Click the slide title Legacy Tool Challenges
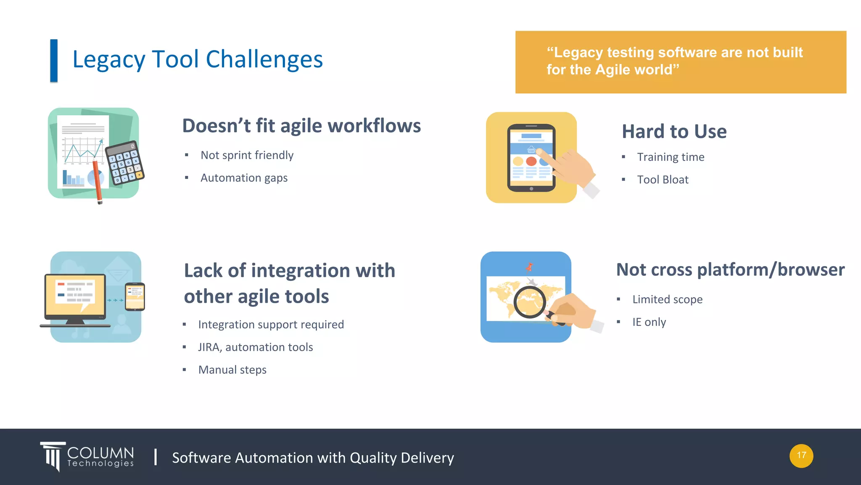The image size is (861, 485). click(198, 59)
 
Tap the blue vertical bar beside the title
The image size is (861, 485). click(54, 61)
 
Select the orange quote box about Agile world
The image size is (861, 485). click(680, 62)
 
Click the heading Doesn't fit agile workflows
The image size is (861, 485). click(301, 126)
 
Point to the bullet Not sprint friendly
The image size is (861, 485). click(247, 155)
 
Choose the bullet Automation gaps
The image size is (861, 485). click(244, 178)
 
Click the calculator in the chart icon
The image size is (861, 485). click(124, 163)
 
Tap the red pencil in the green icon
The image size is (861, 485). click(97, 181)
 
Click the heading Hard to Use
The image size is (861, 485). click(674, 131)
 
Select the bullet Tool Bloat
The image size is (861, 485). click(663, 180)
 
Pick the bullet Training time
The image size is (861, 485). click(670, 157)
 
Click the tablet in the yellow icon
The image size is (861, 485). click(531, 158)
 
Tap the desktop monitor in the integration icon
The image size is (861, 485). click(76, 297)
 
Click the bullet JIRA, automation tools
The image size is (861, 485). click(255, 347)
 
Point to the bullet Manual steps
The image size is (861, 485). click(232, 370)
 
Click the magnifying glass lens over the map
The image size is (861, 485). click(529, 302)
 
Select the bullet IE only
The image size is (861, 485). click(649, 322)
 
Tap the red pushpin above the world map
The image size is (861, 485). click(529, 267)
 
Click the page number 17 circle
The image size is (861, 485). click(801, 456)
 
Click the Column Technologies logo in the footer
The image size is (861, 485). click(87, 457)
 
